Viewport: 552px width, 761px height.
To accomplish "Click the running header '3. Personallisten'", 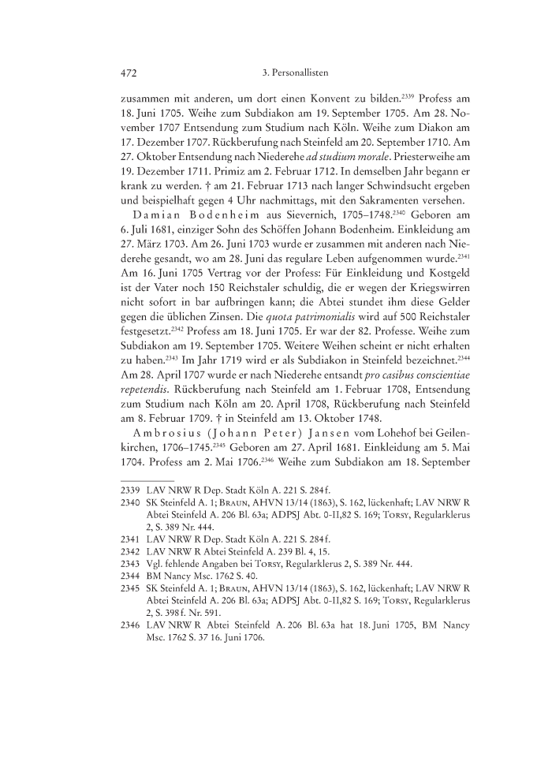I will click(x=294, y=73).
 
